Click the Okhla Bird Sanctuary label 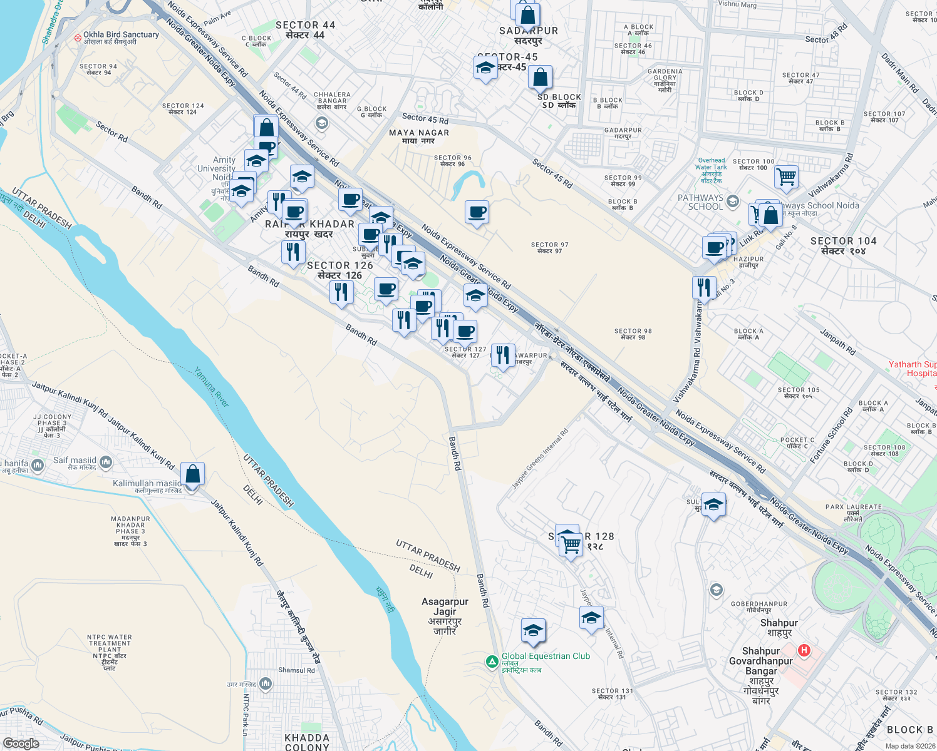(121, 35)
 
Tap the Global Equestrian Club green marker (492, 661)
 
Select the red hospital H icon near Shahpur (804, 651)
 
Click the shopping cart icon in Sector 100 (786, 176)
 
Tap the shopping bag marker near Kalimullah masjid (193, 474)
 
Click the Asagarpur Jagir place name (445, 606)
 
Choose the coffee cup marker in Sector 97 (477, 212)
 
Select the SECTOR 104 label (843, 242)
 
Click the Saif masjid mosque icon (106, 462)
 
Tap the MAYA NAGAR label (419, 133)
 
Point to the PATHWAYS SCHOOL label (700, 202)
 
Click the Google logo (21, 743)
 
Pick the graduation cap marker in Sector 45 (485, 68)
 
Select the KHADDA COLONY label (307, 742)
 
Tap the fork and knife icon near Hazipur (705, 287)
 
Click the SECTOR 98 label (633, 331)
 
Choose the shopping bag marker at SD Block (540, 78)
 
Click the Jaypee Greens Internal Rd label (540, 459)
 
